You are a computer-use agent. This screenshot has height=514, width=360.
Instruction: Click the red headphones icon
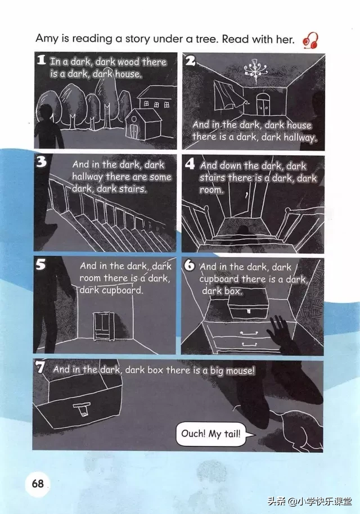pos(310,40)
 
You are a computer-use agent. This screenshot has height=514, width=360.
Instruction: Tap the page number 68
pos(38,484)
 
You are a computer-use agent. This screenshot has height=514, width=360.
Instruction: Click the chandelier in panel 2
pos(255,69)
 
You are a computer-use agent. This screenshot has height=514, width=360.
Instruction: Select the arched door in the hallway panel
pos(263,104)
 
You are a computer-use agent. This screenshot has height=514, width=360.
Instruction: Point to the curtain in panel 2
pos(228,95)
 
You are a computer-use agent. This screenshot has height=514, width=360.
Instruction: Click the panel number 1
pos(41,60)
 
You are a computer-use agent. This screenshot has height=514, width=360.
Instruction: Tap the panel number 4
pos(190,163)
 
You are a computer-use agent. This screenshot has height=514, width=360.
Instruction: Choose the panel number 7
pos(40,367)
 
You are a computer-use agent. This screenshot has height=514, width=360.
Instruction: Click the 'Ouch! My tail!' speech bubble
pos(211,434)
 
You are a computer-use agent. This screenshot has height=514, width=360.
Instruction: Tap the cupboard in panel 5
pos(103,326)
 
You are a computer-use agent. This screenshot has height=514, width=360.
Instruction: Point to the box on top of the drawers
pos(249,304)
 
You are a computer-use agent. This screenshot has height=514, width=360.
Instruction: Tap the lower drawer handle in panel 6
pos(249,344)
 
